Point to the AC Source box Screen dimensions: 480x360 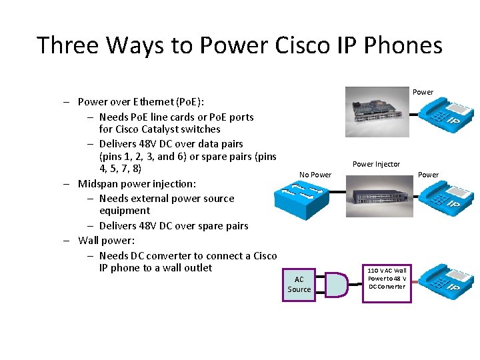click(299, 284)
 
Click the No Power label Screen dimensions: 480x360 click(315, 175)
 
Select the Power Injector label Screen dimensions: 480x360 click(376, 164)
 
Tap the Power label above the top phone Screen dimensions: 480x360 click(423, 92)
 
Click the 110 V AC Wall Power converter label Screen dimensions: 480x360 click(386, 278)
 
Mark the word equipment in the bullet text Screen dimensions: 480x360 click(124, 211)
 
